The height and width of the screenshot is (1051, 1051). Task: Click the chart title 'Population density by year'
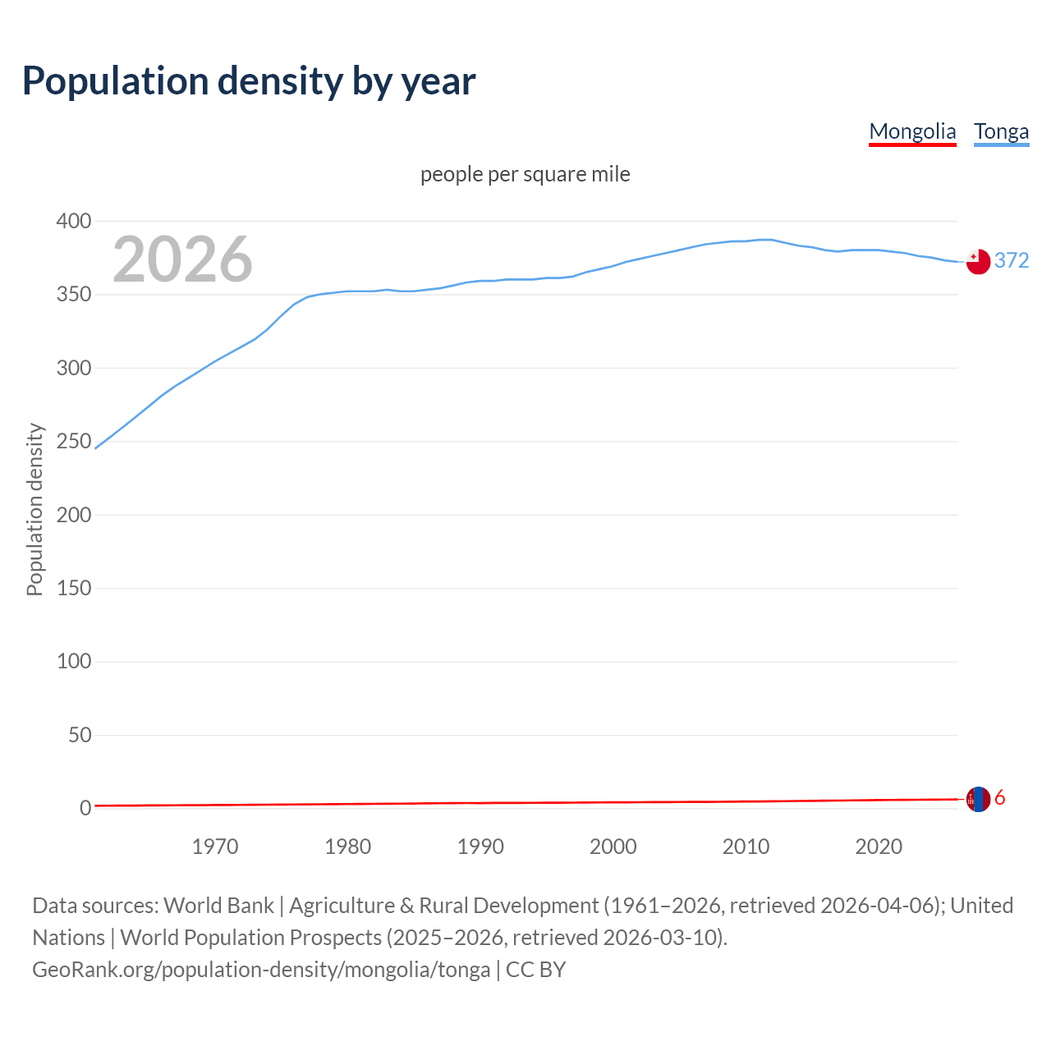point(249,80)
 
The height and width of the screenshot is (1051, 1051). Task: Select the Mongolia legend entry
point(912,131)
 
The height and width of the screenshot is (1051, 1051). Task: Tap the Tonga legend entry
point(1001,131)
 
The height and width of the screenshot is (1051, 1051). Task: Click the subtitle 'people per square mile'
point(525,174)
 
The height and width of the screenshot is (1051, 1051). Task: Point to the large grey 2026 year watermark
point(182,259)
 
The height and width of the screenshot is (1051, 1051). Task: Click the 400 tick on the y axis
point(74,222)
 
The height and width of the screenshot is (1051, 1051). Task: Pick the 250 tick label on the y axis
point(74,442)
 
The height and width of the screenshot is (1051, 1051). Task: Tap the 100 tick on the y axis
point(74,662)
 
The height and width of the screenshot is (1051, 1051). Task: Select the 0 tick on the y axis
point(85,809)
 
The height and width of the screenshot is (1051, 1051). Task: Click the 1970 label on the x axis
point(215,847)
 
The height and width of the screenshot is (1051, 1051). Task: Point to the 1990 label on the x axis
point(480,847)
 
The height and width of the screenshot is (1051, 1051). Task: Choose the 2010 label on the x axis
point(746,847)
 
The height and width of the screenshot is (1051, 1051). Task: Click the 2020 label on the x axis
point(879,847)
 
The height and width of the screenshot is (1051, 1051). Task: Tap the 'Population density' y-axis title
point(34,509)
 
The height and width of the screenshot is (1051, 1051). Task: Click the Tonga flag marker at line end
point(977,261)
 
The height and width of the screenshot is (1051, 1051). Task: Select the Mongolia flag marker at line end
point(977,799)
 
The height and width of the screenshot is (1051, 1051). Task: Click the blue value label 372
point(1012,260)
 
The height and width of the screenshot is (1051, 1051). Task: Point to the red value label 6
point(1000,797)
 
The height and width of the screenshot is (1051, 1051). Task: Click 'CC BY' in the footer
point(535,970)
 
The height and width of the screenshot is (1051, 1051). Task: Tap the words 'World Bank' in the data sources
point(218,906)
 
